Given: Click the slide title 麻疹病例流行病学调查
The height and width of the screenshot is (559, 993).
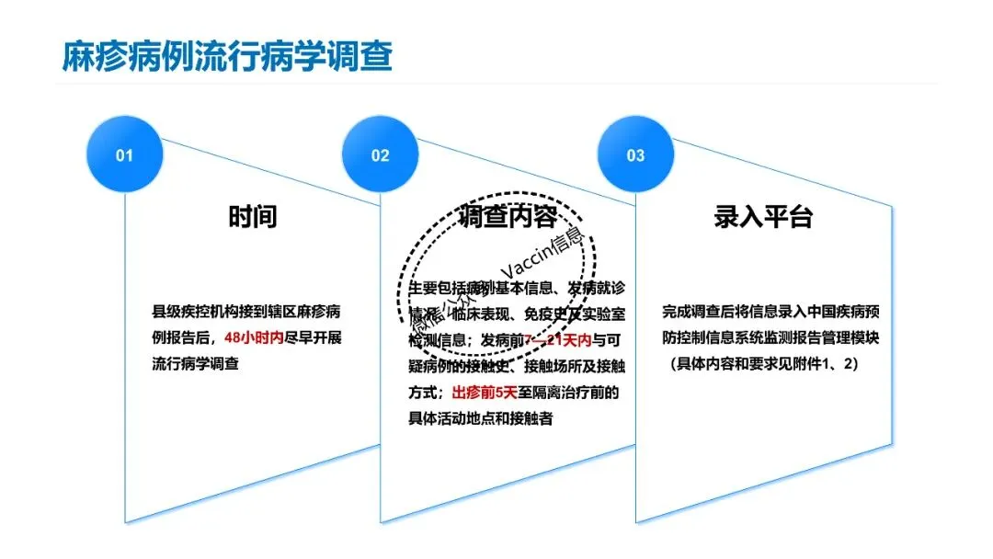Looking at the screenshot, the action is click(x=227, y=56).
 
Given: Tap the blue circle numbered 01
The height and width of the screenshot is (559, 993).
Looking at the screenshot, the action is click(x=123, y=155).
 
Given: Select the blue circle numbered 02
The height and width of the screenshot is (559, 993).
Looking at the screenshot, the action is click(x=380, y=155).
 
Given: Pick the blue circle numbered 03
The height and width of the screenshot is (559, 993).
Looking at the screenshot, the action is click(x=635, y=155).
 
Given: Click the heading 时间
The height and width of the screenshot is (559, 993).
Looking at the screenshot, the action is click(x=252, y=217).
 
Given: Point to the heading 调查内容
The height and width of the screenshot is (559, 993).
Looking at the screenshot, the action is click(x=508, y=217).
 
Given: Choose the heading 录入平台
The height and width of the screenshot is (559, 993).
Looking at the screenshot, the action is click(x=763, y=217).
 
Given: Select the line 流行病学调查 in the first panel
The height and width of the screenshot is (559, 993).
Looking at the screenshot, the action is click(x=195, y=363).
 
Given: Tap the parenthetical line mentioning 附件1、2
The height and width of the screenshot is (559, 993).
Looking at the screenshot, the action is click(x=763, y=363).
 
